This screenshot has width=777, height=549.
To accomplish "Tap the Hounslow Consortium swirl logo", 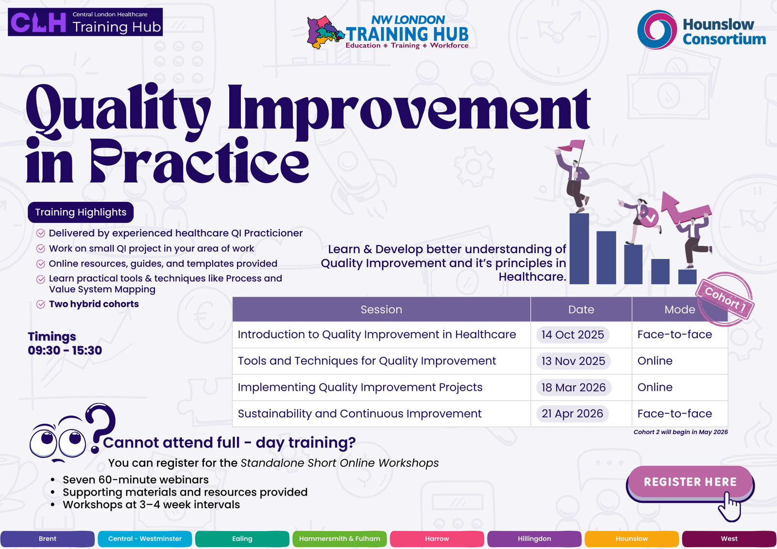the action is (x=657, y=30).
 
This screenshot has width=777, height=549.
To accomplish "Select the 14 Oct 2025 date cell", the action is (x=573, y=334).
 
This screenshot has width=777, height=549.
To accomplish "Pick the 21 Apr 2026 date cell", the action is (x=573, y=414).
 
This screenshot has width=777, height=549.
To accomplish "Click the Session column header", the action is (x=381, y=309).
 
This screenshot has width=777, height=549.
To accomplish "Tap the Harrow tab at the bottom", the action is (x=437, y=539).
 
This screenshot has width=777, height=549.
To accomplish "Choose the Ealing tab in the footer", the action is (x=242, y=539).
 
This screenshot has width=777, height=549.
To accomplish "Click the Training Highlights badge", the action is (x=81, y=212).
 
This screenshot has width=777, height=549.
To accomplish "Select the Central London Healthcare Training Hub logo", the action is (x=85, y=22).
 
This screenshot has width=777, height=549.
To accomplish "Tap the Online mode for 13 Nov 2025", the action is (x=655, y=361).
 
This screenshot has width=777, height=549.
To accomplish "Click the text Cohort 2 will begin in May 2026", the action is (x=680, y=432).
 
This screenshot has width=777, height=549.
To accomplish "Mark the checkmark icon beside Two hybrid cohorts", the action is (x=41, y=304).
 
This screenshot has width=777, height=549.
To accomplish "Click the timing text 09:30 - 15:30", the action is (x=65, y=350).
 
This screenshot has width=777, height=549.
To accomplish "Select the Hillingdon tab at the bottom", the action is (x=534, y=539).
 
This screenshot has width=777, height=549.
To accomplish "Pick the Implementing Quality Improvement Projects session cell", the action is (x=360, y=387).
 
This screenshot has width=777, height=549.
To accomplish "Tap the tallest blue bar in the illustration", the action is (x=579, y=249).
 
